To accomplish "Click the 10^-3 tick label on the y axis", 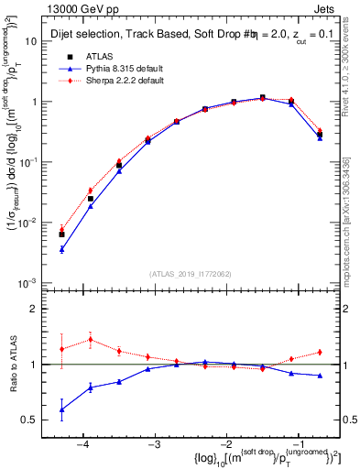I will click(32, 283).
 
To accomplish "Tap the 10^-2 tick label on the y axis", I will click(32, 223).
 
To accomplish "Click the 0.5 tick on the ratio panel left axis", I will click(32, 420).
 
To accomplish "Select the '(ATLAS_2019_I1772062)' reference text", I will click(189, 273).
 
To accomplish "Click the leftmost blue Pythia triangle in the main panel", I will click(61, 249).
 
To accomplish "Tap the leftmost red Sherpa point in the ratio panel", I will click(61, 349).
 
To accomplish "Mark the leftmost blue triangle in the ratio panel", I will click(61, 409).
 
